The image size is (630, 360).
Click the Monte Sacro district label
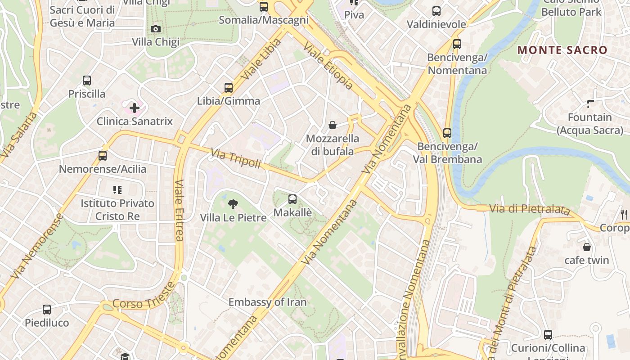pos(562,50)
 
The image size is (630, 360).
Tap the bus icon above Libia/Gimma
pos(229,88)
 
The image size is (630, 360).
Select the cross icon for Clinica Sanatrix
pos(135,108)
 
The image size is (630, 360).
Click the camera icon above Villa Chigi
pos(156,29)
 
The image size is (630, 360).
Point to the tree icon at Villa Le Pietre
pos(233,205)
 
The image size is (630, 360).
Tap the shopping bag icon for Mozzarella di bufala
pos(333,125)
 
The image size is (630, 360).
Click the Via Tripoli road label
pos(235,159)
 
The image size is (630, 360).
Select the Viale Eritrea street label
pos(180,210)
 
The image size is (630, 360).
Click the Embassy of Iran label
pos(267,302)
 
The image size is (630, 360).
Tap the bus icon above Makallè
pos(292,199)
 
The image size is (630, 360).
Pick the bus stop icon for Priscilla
pos(87,81)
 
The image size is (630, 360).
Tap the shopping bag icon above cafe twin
pos(587,247)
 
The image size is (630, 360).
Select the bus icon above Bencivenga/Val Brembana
pos(447,133)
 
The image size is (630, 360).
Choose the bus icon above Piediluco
pos(47,310)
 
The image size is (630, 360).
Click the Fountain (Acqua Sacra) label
pos(589,124)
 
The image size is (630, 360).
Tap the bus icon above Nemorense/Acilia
pos(103,156)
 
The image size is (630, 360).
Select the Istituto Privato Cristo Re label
pos(117,210)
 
